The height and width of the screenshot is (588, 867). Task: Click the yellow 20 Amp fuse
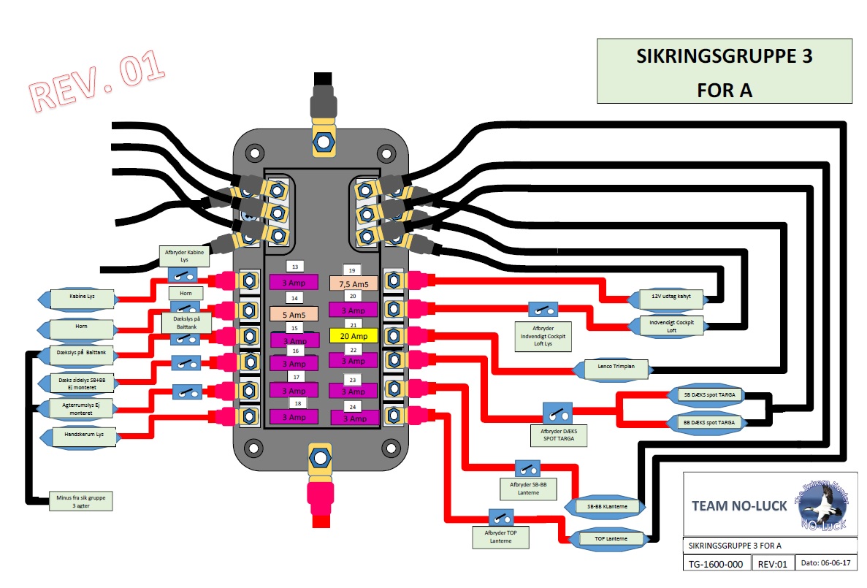click(x=353, y=336)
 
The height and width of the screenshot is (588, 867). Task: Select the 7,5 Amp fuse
click(x=354, y=283)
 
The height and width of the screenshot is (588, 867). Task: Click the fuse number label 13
click(x=296, y=267)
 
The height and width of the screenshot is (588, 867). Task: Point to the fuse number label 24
click(x=353, y=407)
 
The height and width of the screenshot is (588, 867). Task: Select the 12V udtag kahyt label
click(x=665, y=297)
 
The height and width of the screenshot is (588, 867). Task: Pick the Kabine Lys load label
click(x=81, y=298)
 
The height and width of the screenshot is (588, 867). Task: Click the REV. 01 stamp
click(x=97, y=83)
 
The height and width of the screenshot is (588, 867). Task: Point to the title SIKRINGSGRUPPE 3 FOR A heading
click(x=724, y=72)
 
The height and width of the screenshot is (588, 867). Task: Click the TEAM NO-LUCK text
click(x=738, y=505)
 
